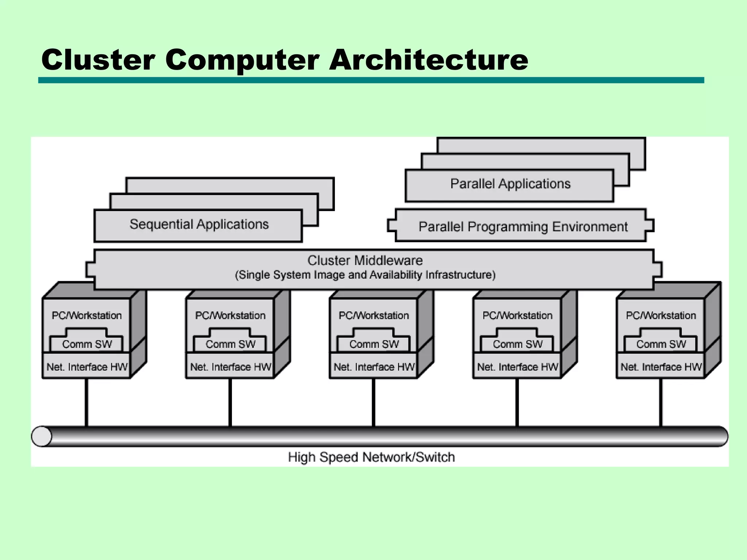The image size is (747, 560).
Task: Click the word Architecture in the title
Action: [x=429, y=59]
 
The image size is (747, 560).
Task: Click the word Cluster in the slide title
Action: [x=98, y=59]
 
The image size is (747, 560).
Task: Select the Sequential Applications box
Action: [x=199, y=225]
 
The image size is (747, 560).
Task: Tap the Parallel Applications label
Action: [x=510, y=184]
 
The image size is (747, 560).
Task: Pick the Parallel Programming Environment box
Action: [x=523, y=226]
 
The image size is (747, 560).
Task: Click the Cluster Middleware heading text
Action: [x=365, y=260]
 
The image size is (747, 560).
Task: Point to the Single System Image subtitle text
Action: [x=365, y=275]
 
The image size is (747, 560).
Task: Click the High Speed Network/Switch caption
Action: [x=371, y=457]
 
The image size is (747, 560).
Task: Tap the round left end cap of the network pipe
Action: [x=41, y=436]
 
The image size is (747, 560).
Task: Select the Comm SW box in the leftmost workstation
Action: [x=87, y=344]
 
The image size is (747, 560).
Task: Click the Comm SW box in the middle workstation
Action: [x=374, y=344]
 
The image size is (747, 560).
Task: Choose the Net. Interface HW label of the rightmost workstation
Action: [x=661, y=367]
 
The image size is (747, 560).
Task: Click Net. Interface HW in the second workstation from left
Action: [x=231, y=367]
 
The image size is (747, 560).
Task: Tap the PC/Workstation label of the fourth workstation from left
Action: [x=517, y=315]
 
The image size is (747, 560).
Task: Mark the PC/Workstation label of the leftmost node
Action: [x=87, y=315]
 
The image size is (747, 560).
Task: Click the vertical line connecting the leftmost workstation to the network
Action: [x=87, y=403]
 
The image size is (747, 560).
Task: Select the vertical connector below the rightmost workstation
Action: [x=661, y=403]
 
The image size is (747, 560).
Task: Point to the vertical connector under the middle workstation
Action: [x=374, y=403]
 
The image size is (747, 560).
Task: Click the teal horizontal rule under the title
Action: [x=371, y=80]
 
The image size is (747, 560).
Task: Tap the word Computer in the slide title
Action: [x=242, y=59]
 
